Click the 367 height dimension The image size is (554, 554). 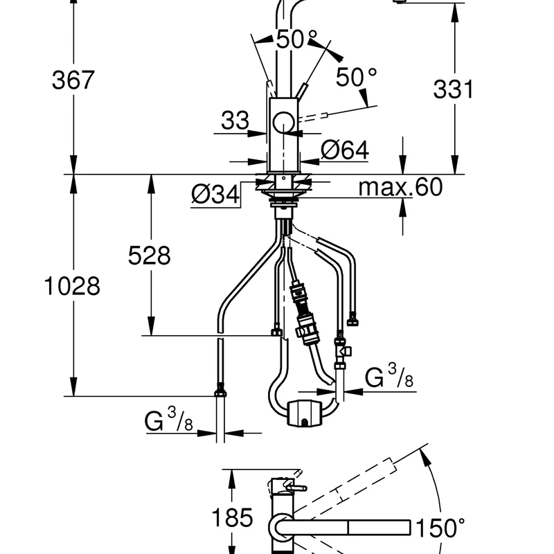(73, 81)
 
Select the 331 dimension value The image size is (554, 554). (453, 89)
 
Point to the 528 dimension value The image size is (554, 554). (149, 256)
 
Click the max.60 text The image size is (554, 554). (400, 187)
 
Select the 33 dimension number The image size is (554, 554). (235, 121)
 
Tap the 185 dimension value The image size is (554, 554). (231, 519)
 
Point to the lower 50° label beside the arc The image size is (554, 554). (357, 78)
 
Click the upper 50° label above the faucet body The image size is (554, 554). (296, 39)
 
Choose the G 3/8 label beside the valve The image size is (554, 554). (390, 377)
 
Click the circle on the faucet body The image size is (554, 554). (283, 123)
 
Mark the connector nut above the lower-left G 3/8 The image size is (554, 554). (220, 391)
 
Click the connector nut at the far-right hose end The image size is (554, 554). (354, 321)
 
